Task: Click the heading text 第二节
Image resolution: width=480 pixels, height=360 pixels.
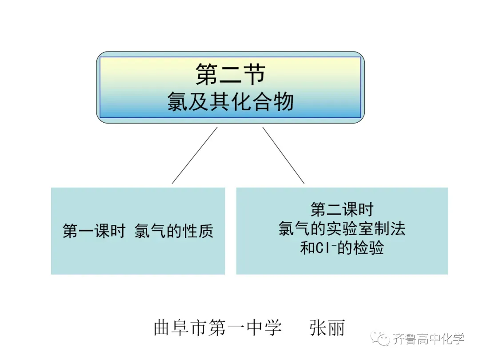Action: [x=230, y=74]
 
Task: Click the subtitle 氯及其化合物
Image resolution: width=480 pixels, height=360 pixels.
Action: [x=230, y=101]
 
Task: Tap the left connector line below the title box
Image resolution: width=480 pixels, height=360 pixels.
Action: [x=195, y=155]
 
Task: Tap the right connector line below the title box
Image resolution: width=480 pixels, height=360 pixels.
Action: [x=284, y=155]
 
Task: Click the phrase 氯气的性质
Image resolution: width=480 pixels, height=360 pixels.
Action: [x=174, y=231]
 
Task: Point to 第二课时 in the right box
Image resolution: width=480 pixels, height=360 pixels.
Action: [x=342, y=209]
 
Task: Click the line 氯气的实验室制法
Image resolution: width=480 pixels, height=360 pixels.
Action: [x=342, y=228]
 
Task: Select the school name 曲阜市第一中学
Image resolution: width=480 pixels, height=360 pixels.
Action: [x=217, y=328]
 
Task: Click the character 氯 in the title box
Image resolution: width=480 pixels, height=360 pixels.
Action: [x=177, y=101]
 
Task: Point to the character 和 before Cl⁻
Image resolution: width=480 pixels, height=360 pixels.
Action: [x=308, y=248]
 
